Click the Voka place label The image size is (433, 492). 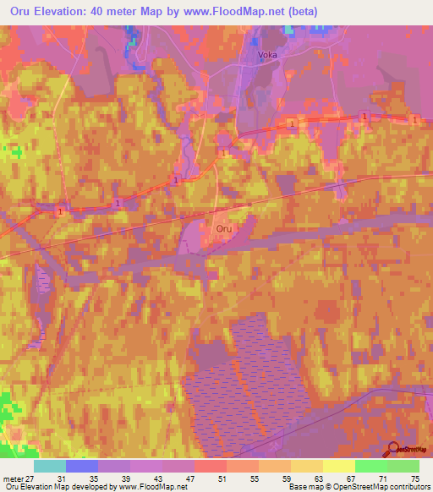pos(267,56)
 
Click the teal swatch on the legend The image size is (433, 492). pos(50,466)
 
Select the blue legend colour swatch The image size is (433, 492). pos(82,466)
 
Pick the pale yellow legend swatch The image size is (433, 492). pos(339,466)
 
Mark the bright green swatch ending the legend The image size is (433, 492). pos(403,466)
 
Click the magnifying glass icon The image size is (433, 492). pos(393,448)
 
